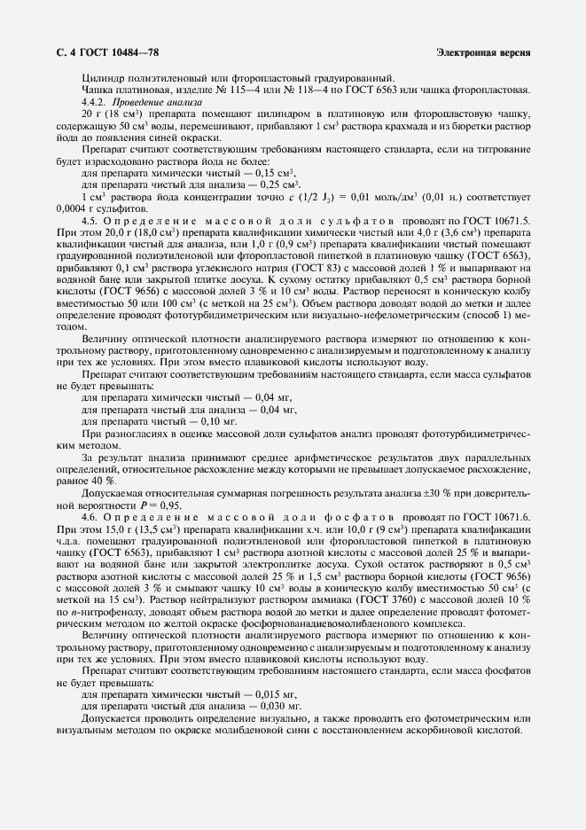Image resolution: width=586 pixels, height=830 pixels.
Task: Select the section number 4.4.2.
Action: [94, 103]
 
